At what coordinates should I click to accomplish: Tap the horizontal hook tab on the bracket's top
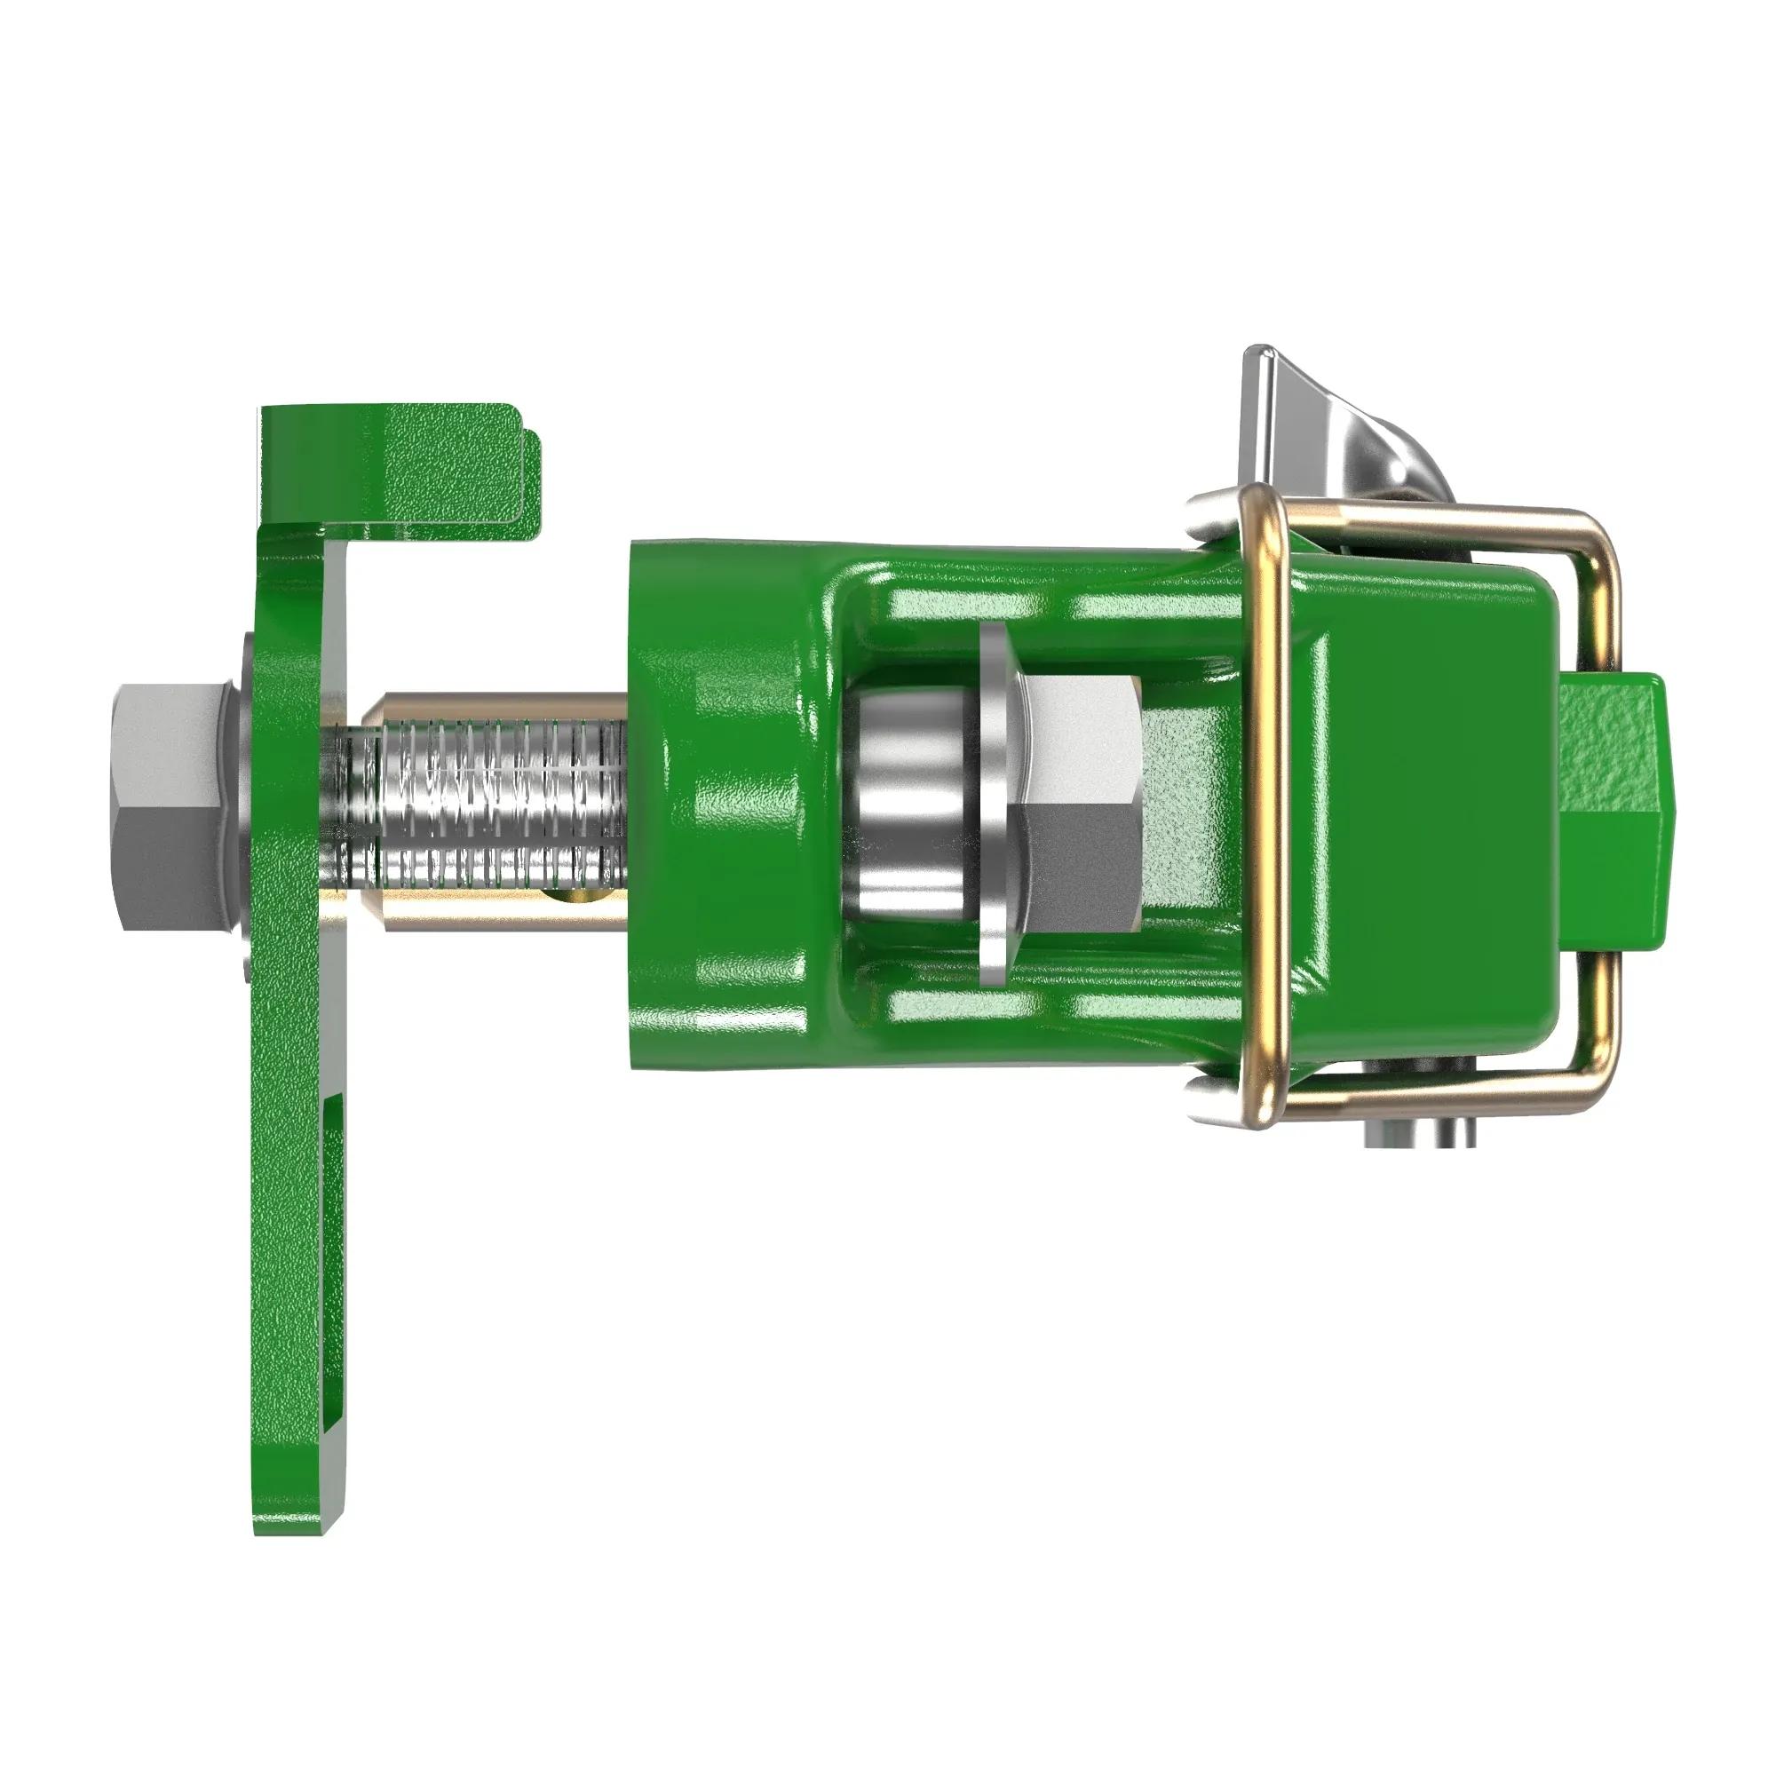pyautogui.click(x=432, y=469)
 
